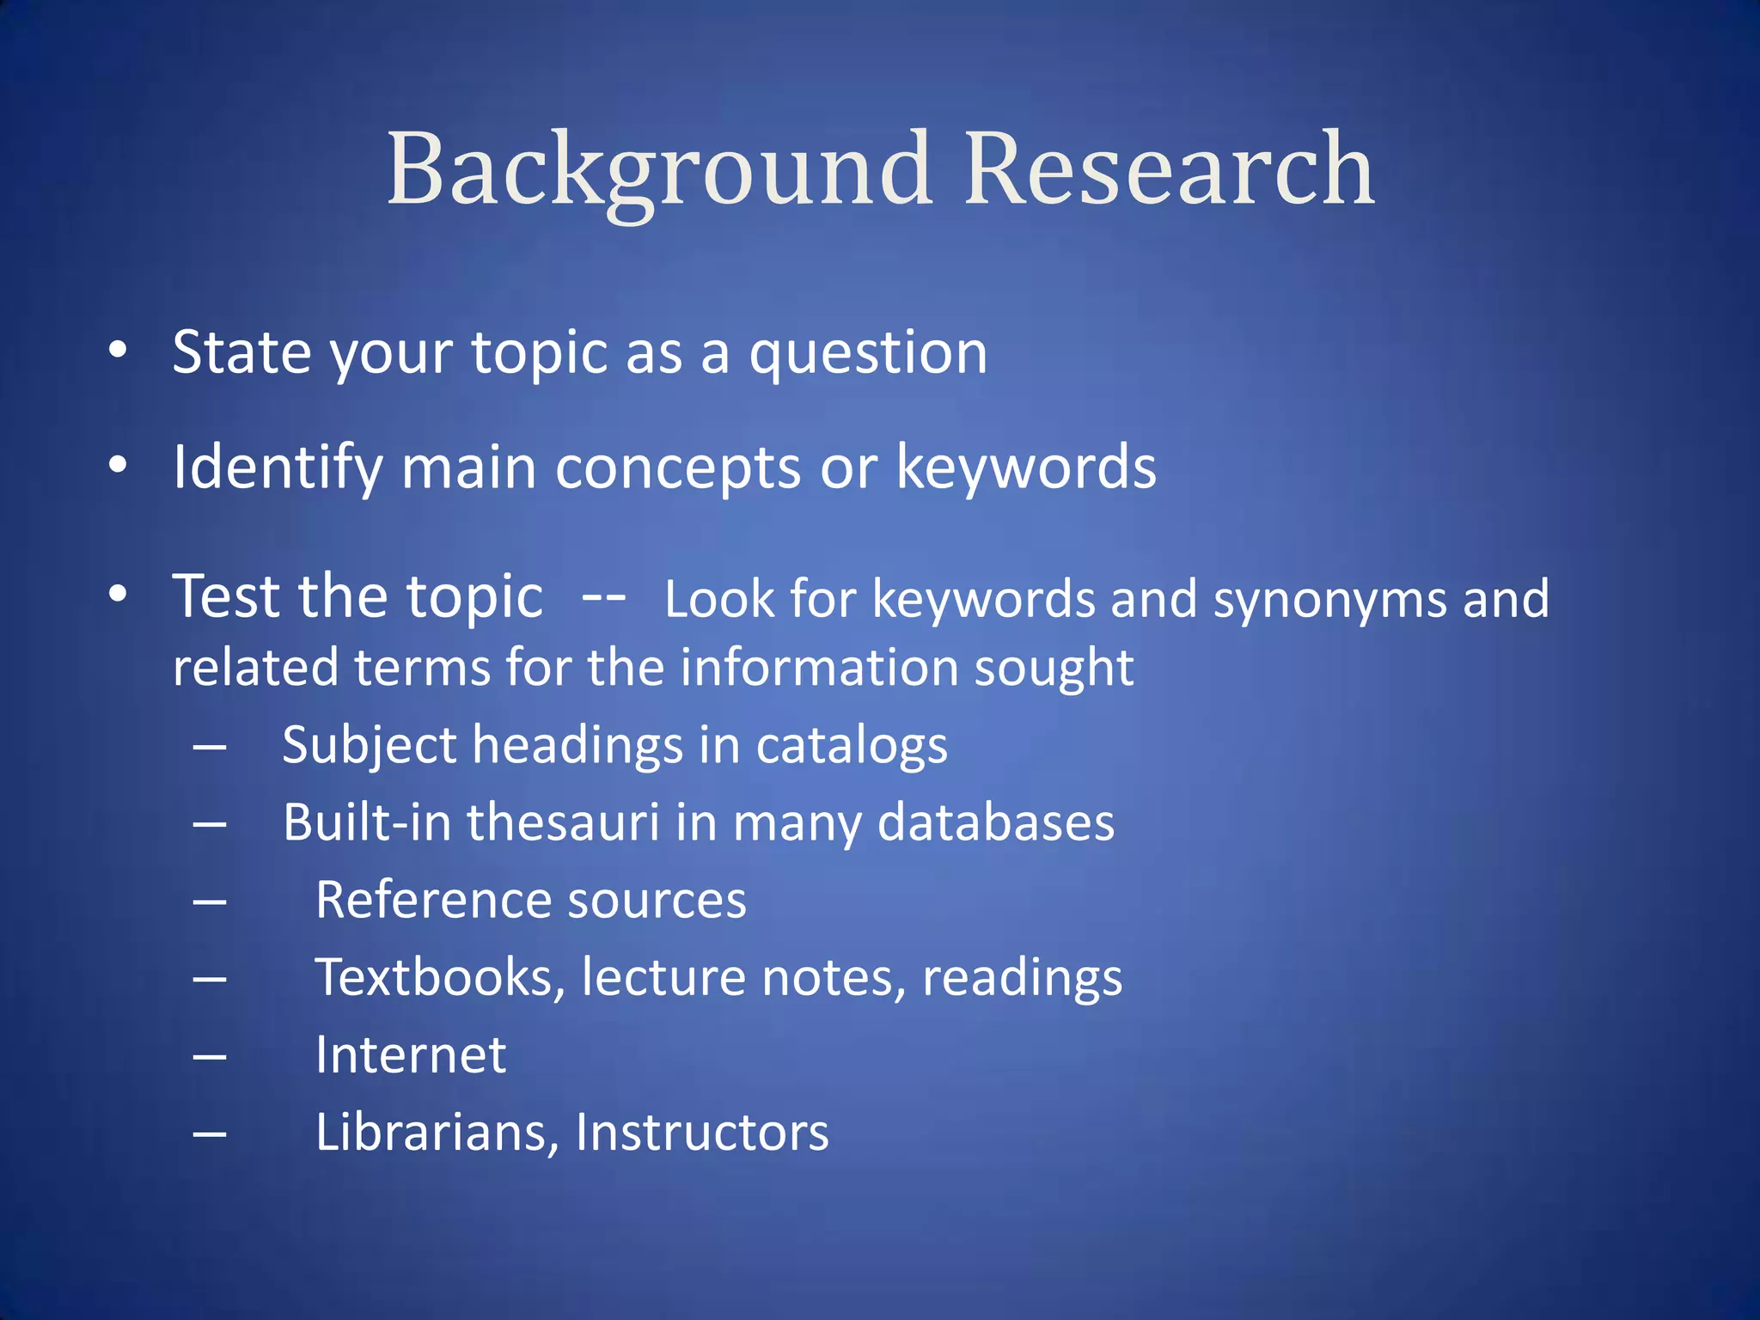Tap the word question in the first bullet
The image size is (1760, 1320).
coord(868,354)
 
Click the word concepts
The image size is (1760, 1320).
coord(679,468)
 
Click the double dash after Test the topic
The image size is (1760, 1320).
coord(603,596)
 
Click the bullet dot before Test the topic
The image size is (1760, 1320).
coord(118,593)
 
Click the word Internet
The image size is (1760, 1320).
coord(411,1055)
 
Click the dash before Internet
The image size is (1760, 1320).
coord(210,1056)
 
